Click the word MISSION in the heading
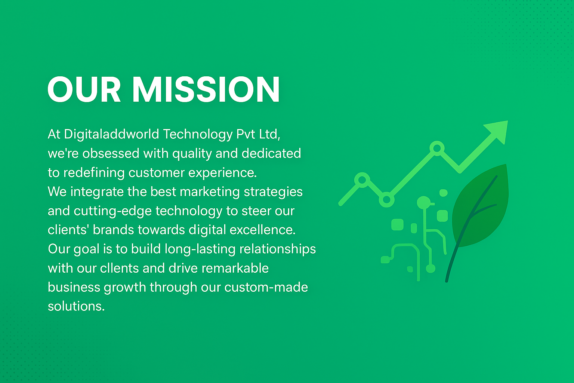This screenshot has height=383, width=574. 206,89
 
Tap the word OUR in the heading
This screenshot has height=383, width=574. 84,89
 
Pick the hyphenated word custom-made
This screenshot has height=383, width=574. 266,287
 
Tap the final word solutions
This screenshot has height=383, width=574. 76,306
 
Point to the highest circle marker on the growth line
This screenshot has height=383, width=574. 437,148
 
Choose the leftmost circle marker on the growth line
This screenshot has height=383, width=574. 362,180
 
